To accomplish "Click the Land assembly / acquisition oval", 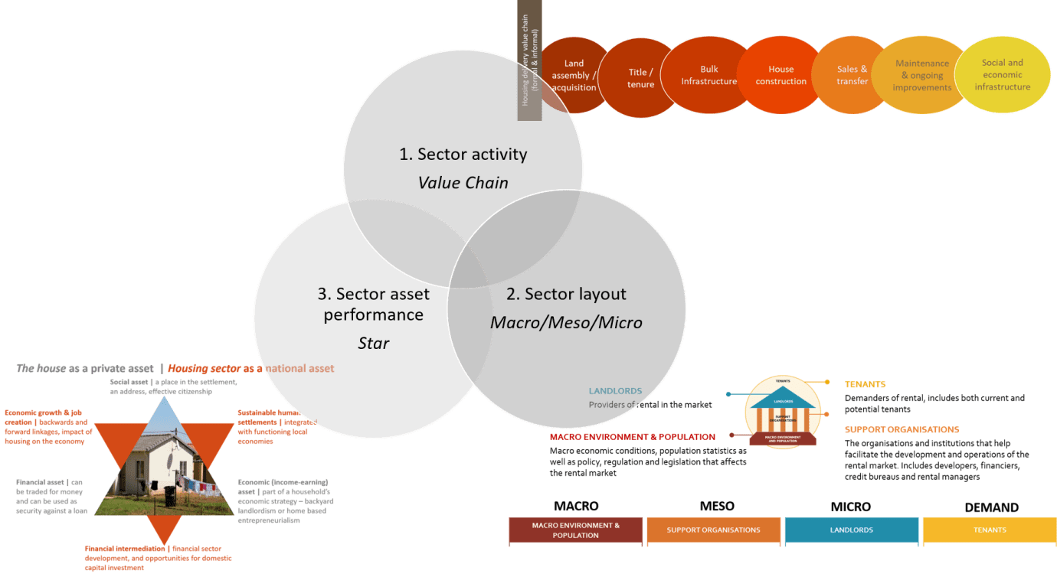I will [573, 76].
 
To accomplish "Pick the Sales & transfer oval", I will [852, 75].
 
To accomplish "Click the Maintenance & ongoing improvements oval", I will [922, 75].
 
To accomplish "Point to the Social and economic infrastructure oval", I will [1002, 74].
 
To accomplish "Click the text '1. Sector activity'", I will [463, 154].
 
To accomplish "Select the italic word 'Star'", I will [373, 343].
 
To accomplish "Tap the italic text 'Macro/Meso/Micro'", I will [565, 322].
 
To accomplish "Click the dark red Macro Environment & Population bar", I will [576, 530].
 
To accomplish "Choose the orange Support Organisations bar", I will [713, 530].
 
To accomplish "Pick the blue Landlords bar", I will [852, 530].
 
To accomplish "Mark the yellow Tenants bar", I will [990, 530].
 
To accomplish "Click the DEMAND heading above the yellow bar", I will [991, 507].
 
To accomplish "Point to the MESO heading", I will [716, 506].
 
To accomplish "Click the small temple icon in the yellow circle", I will [782, 413].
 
